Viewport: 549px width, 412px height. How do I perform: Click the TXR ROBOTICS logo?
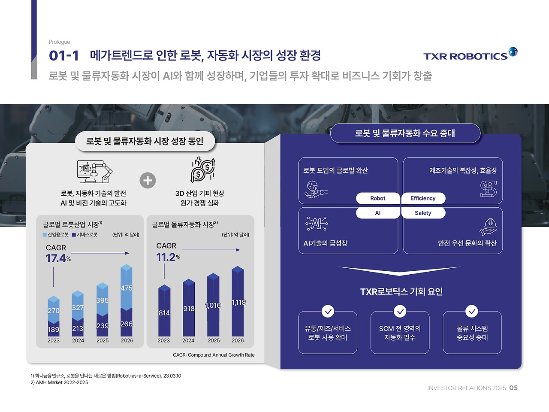point(470,55)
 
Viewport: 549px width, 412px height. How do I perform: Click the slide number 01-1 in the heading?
point(64,55)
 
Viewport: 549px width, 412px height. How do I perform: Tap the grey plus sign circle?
point(148,180)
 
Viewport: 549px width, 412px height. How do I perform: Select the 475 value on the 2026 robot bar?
point(127,288)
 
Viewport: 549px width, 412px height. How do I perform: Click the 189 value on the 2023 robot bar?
point(54,330)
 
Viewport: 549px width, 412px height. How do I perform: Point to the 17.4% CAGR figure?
point(58,258)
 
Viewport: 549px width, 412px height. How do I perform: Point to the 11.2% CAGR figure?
point(168,257)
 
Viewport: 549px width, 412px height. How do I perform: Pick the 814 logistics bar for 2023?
point(164,313)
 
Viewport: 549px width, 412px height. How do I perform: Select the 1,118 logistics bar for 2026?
point(238,302)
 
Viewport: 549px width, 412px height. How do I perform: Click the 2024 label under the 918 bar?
point(188,340)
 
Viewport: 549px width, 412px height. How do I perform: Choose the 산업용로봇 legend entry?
point(56,235)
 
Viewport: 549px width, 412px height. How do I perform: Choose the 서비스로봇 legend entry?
point(84,235)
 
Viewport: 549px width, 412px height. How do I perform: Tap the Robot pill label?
point(378,198)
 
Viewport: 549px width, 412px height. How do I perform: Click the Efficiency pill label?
point(423,198)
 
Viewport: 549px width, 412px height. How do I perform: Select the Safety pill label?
point(423,213)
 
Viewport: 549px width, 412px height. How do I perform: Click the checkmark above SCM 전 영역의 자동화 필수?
point(400,311)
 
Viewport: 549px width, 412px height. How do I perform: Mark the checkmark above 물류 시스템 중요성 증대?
point(472,311)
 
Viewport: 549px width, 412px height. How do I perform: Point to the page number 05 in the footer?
point(513,388)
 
